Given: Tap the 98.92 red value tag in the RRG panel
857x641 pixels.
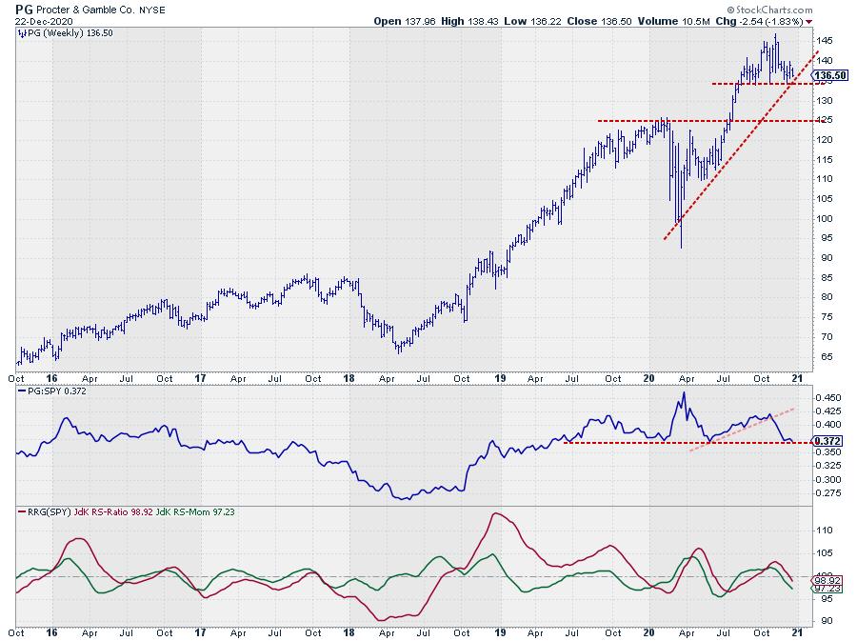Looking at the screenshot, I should [x=827, y=579].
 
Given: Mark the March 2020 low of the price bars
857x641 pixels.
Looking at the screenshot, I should [x=681, y=248].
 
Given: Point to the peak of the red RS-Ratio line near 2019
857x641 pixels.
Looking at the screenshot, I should [x=496, y=514].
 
